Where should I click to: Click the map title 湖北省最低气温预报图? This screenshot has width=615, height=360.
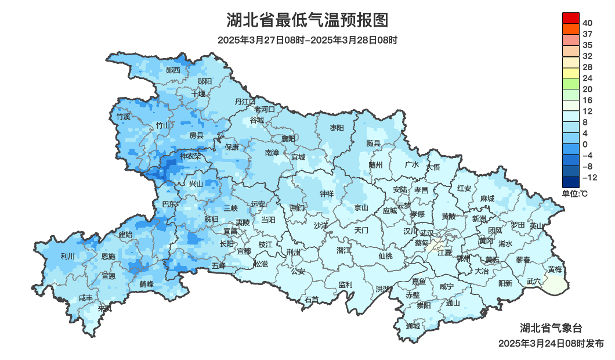point(307,20)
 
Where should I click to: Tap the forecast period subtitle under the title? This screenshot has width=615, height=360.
point(307,40)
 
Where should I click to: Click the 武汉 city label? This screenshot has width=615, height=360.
point(426,232)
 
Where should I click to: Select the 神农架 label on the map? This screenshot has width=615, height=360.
point(190,156)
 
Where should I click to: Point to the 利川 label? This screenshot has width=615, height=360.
point(68,256)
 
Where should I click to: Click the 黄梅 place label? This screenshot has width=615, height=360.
point(555,269)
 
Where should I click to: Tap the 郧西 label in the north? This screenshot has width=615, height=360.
point(173,70)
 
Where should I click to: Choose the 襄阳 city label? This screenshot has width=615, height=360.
point(288,138)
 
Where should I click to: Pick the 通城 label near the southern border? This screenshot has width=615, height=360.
point(413,326)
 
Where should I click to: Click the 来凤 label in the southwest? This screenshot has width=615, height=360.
point(105,308)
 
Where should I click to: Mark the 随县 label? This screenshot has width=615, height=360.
point(373,143)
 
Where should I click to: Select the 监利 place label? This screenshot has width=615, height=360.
point(345,285)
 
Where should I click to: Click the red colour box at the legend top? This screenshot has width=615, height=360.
point(571,17)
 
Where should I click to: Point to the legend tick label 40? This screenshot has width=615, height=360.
point(587,23)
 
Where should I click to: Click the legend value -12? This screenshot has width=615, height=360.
point(589,177)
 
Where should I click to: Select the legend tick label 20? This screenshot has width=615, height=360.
point(587,89)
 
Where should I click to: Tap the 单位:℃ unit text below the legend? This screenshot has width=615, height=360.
point(575,193)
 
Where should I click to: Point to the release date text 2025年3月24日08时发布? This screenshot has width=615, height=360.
point(551,344)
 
